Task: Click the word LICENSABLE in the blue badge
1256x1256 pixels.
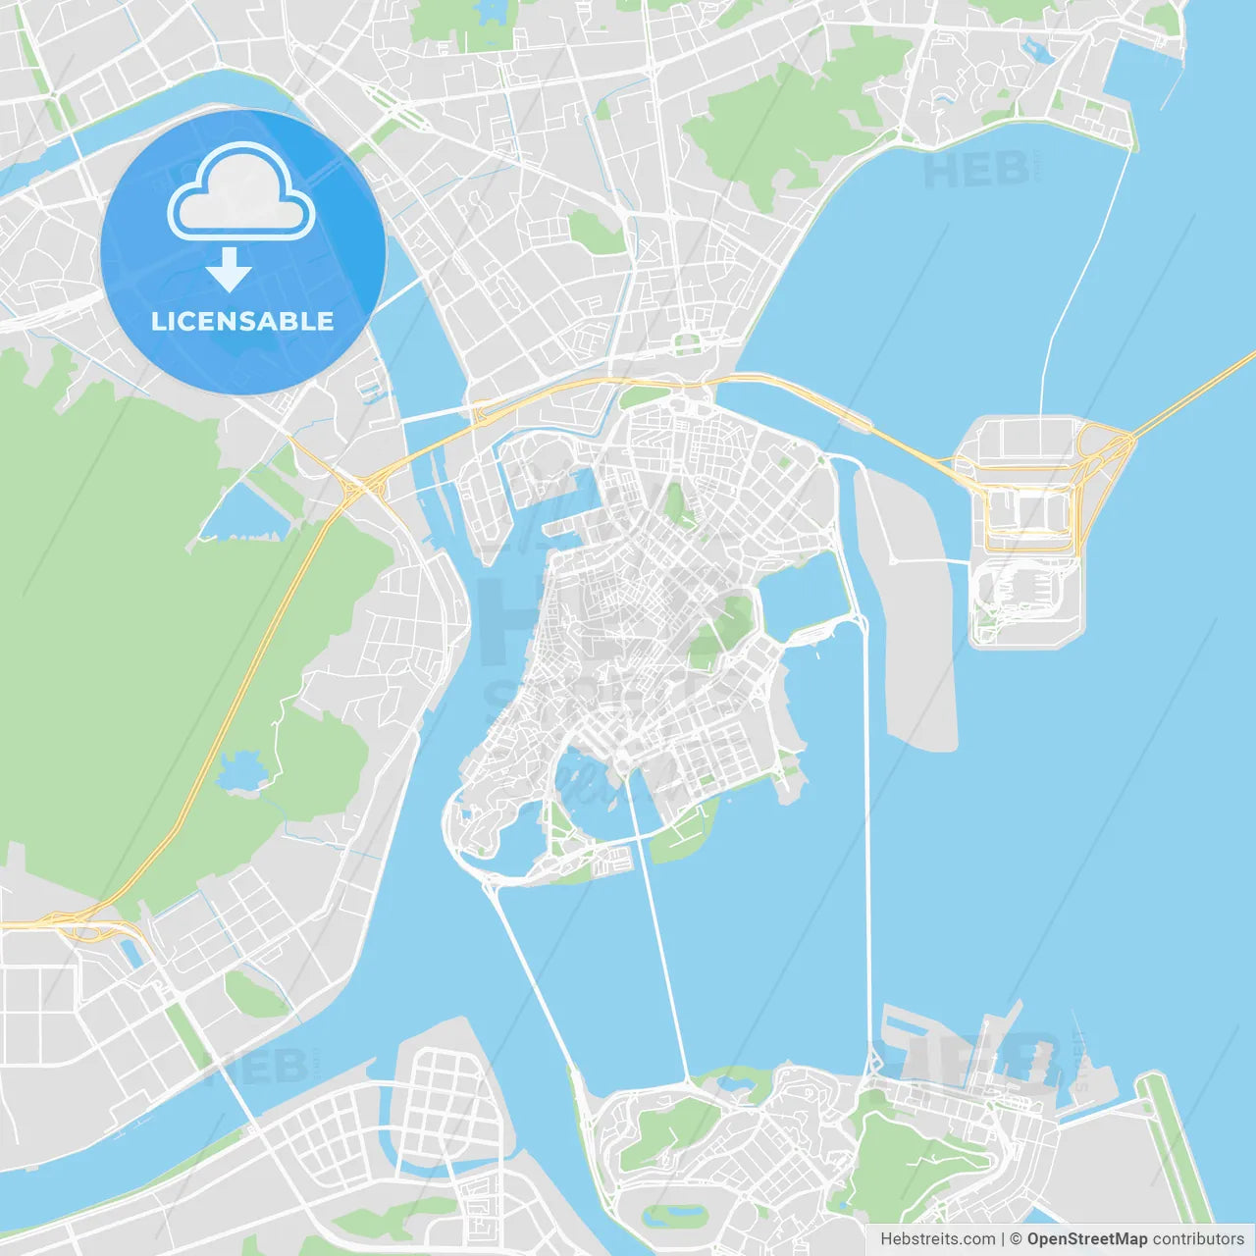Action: point(242,321)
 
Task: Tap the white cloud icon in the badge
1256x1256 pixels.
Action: point(241,196)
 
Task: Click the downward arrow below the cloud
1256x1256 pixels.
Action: point(229,270)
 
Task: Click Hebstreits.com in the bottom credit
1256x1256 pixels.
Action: point(937,1238)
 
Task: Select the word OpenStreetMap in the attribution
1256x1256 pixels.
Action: point(1086,1238)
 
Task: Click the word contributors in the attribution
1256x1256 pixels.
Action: point(1198,1238)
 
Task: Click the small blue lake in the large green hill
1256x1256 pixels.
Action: point(238,770)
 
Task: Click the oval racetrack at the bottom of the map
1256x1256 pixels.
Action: point(675,1215)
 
